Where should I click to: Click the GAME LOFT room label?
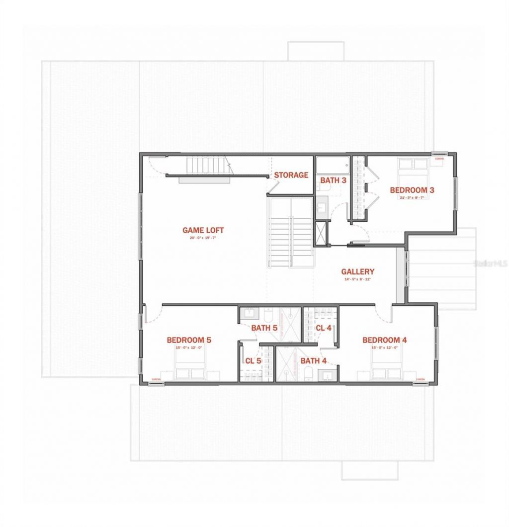point(203,230)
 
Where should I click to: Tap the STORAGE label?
point(291,175)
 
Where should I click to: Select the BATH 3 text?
point(333,180)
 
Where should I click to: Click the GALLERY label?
point(357,272)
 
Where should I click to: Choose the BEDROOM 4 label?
point(385,340)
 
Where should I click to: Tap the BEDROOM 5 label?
point(189,340)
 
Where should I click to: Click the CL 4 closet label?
point(324,328)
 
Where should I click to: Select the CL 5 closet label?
point(253,361)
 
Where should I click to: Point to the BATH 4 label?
point(313,361)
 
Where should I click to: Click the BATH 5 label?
point(264,328)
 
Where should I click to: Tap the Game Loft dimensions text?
point(203,238)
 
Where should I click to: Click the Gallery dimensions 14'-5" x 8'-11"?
point(357,279)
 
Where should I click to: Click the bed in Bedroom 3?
point(413,172)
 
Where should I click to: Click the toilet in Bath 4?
point(308,374)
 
